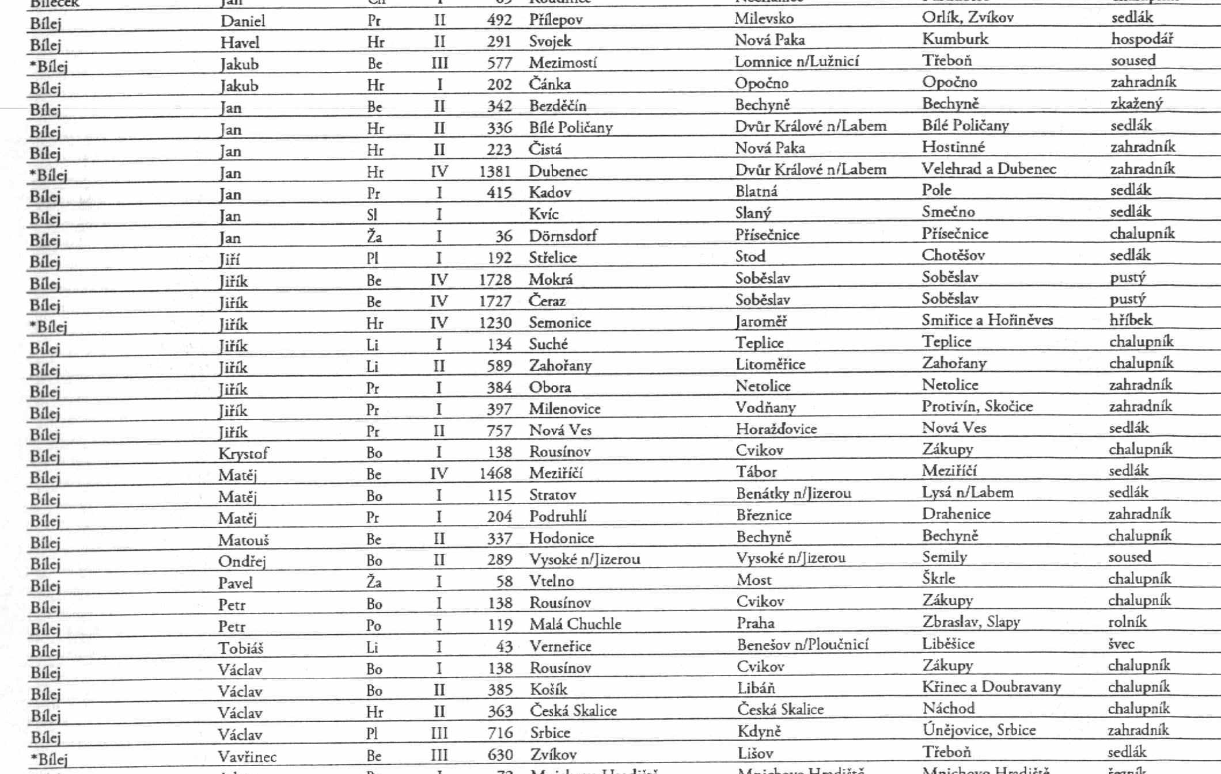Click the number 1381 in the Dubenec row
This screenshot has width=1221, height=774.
tap(495, 171)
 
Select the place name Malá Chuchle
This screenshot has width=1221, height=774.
tap(575, 624)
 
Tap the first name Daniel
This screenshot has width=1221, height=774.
tap(242, 21)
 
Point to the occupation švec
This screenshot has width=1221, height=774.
tap(1121, 644)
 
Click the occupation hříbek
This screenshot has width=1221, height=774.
tap(1131, 320)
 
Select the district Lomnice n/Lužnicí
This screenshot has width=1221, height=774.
tap(796, 61)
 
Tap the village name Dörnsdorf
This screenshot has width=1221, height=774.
tap(563, 235)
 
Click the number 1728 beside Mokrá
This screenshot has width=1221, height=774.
tap(495, 280)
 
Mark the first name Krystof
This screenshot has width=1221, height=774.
tap(243, 453)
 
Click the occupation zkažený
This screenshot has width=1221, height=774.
tap(1136, 104)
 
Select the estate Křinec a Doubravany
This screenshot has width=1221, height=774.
tap(991, 687)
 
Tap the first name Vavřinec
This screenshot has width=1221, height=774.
tap(247, 756)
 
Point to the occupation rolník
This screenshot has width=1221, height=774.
tap(1127, 622)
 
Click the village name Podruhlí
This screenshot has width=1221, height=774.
tap(558, 516)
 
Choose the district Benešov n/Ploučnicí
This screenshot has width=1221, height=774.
tap(802, 645)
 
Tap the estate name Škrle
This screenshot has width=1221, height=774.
tap(938, 578)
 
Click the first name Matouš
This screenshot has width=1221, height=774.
tap(243, 540)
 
